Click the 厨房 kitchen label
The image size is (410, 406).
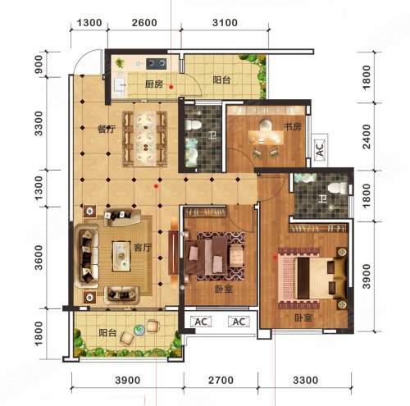(x=154, y=84)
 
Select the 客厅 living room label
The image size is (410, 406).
(x=143, y=248)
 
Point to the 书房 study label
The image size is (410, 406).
(x=293, y=126)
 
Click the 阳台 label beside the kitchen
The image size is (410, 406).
(x=221, y=80)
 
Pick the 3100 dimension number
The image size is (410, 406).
(x=225, y=22)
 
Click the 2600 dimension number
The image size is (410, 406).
(x=144, y=22)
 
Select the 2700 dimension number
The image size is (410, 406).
(x=221, y=380)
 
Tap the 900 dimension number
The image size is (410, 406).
(x=39, y=64)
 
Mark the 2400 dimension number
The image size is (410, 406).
(x=367, y=137)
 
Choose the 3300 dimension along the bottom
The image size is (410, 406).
(x=305, y=380)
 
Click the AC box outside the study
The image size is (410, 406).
(x=320, y=149)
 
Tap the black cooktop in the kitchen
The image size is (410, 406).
(x=157, y=64)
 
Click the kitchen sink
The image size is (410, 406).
(x=120, y=85)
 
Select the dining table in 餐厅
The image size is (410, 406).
(x=145, y=139)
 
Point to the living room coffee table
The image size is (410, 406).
(x=121, y=256)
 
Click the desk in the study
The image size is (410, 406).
(x=266, y=137)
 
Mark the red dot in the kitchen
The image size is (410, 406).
(x=171, y=87)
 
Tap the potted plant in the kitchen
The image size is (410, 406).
(x=120, y=63)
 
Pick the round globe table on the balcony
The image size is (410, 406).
(x=139, y=330)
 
